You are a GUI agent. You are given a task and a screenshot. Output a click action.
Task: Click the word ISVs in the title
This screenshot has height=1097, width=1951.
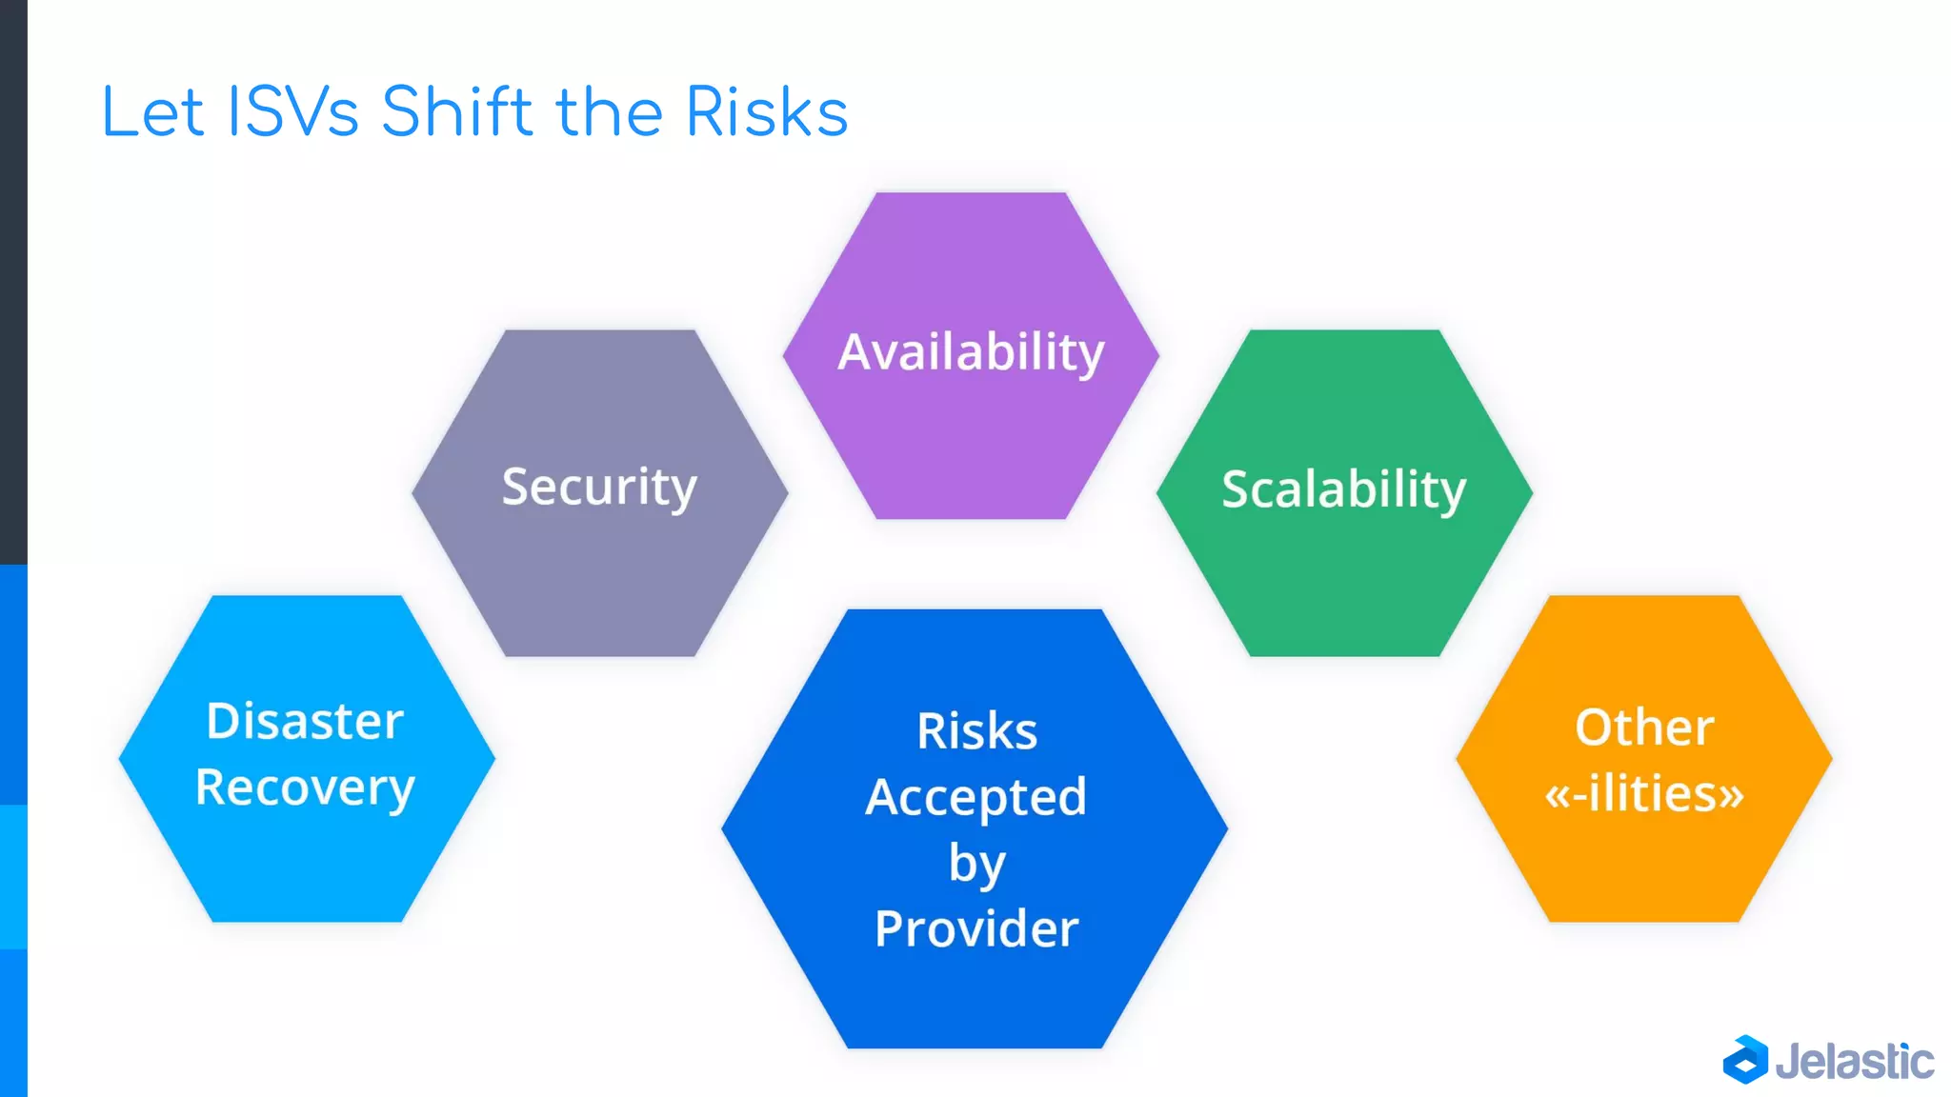click(x=293, y=112)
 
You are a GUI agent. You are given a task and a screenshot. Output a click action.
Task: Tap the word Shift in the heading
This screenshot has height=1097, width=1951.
click(x=457, y=112)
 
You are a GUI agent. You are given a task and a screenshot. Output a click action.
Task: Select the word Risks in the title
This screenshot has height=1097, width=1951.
click(x=766, y=112)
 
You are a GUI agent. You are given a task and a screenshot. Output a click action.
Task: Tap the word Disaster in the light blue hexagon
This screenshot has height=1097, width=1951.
click(x=305, y=721)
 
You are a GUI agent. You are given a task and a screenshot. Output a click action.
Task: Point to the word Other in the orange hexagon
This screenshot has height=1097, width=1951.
click(x=1644, y=728)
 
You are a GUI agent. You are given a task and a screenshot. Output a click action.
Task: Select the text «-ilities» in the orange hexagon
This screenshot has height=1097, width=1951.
click(x=1644, y=793)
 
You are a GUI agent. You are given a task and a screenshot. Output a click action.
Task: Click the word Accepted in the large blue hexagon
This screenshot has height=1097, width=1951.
click(x=975, y=797)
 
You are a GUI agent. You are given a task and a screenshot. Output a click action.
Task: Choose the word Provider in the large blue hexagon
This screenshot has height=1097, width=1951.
click(x=976, y=929)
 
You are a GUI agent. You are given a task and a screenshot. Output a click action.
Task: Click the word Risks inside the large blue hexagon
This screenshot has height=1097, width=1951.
click(x=976, y=731)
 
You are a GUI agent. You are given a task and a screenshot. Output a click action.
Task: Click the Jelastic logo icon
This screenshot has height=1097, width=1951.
click(x=1745, y=1060)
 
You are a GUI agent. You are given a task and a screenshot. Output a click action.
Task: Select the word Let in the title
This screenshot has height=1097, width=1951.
click(x=152, y=112)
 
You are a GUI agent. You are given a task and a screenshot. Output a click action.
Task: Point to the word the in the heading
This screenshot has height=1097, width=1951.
click(x=610, y=112)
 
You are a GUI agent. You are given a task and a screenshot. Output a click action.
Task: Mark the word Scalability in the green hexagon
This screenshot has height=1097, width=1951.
click(x=1343, y=489)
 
